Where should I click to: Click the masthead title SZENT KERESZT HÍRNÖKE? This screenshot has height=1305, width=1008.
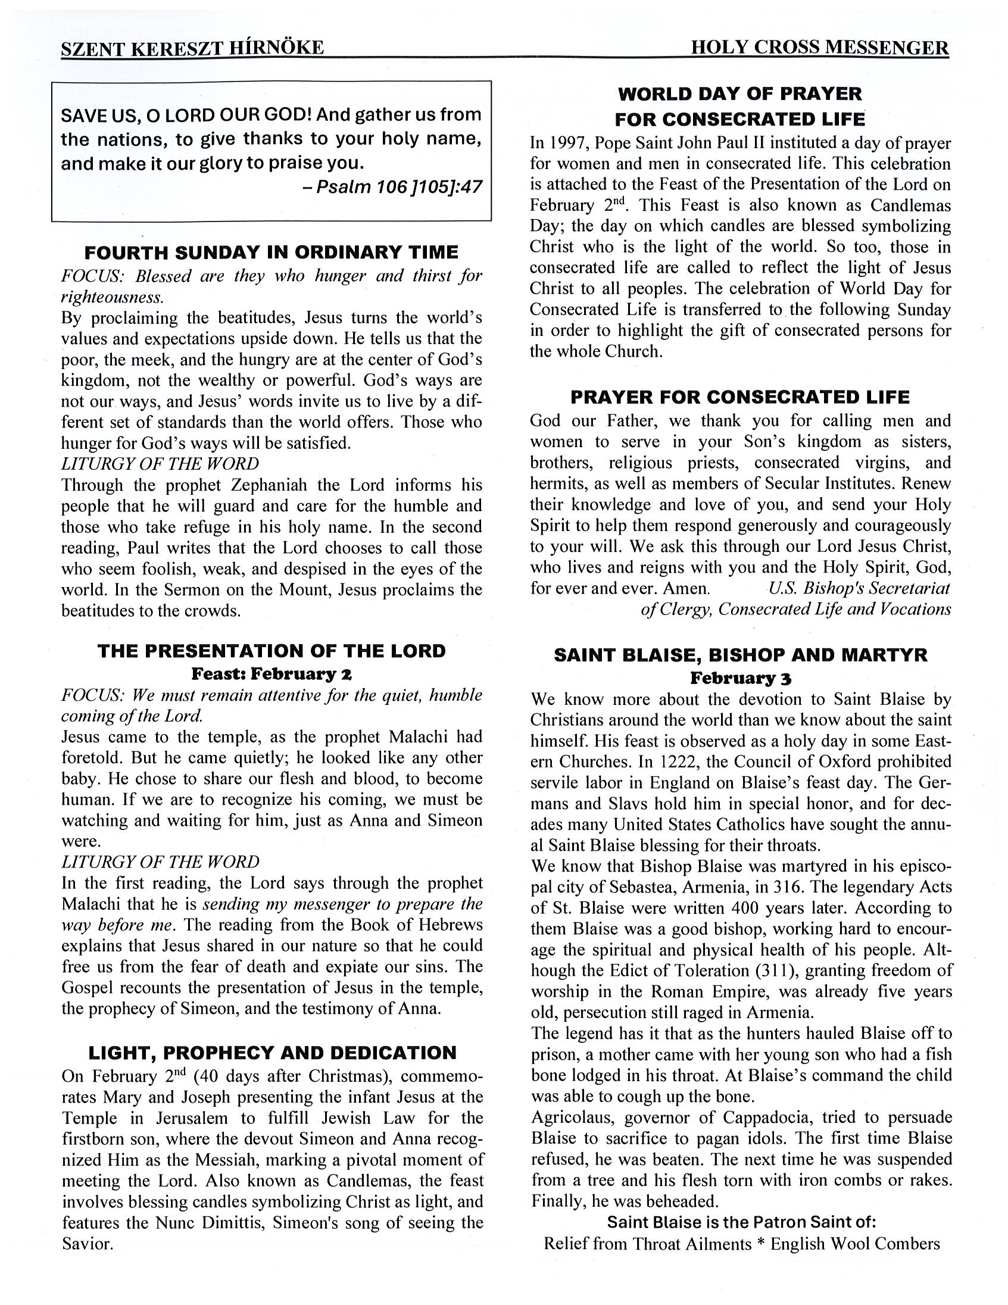pyautogui.click(x=192, y=48)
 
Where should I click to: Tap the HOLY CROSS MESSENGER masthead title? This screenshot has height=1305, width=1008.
pyautogui.click(x=819, y=48)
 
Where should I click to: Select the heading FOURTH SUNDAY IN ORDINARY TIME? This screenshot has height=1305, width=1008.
pyautogui.click(x=271, y=252)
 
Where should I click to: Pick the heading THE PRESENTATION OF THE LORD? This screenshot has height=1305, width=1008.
pyautogui.click(x=271, y=651)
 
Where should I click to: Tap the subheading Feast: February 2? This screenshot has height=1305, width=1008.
pyautogui.click(x=271, y=674)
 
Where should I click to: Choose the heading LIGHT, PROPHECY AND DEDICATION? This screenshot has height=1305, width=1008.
pyautogui.click(x=272, y=1052)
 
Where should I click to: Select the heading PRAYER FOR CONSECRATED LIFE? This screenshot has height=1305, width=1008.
pyautogui.click(x=739, y=397)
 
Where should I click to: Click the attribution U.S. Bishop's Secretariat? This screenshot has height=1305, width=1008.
pyautogui.click(x=859, y=589)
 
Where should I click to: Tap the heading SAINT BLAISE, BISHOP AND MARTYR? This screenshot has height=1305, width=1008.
pyautogui.click(x=740, y=655)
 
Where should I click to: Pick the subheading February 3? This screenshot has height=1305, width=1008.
pyautogui.click(x=740, y=678)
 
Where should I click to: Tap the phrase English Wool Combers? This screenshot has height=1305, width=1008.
pyautogui.click(x=855, y=1244)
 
